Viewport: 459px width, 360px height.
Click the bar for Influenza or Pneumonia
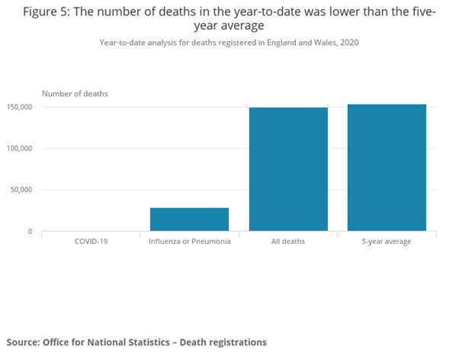pos(189,220)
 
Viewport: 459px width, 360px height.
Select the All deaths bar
pos(288,169)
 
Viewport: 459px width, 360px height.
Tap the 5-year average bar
pos(387,168)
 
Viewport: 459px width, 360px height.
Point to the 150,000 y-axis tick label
pos(19,108)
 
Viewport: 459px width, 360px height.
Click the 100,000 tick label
pos(19,149)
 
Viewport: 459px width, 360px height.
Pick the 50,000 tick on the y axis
pos(21,190)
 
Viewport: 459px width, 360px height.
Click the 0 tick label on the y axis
pos(30,232)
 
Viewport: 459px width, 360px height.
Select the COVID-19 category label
pos(91,241)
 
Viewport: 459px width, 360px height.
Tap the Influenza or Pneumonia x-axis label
pos(190,241)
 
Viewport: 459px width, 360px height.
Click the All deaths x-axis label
pos(288,241)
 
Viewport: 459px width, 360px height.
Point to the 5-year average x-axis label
pos(387,242)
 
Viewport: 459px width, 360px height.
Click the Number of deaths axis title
pos(75,94)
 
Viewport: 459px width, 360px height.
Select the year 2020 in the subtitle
pos(349,43)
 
